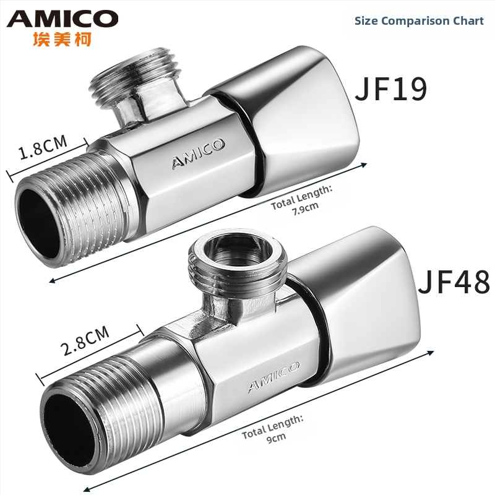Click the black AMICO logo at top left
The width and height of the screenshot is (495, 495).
pos(62,19)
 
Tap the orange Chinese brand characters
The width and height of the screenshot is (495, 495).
pos(62,39)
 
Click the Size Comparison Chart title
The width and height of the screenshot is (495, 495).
pos(419,21)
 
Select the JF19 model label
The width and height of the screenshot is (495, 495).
pos(391,88)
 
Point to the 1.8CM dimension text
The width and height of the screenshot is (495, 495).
pos(43,147)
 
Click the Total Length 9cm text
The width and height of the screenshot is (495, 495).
pos(273,429)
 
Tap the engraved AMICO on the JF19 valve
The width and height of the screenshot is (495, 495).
pos(198,153)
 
